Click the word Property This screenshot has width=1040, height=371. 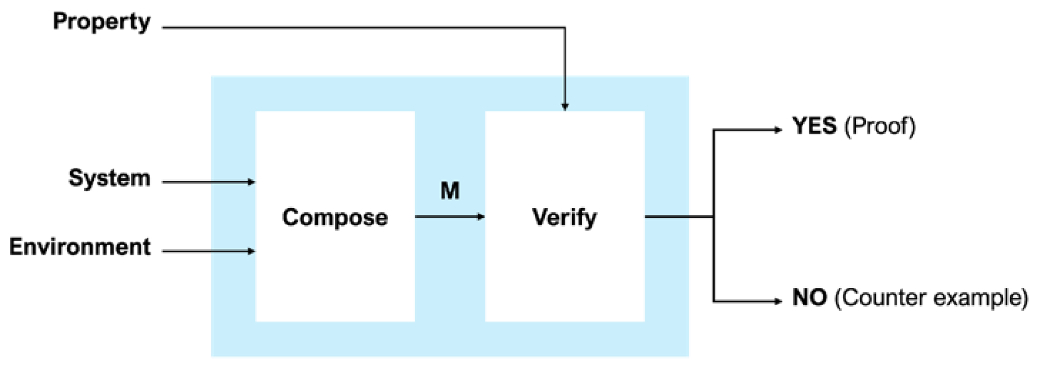click(x=101, y=22)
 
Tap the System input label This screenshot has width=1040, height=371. click(x=109, y=178)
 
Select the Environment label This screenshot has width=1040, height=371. click(x=80, y=247)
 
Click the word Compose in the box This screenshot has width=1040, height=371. click(x=335, y=217)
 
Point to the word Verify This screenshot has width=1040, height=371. click(x=564, y=217)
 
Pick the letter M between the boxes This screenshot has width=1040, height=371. click(x=450, y=191)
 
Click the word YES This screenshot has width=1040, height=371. click(x=814, y=126)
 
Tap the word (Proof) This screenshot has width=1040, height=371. click(x=880, y=126)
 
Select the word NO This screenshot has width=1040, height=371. click(x=809, y=297)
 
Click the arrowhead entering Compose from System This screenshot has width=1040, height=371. click(x=252, y=182)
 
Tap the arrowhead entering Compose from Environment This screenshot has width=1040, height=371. click(x=252, y=251)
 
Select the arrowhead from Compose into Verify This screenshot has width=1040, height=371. click(x=481, y=216)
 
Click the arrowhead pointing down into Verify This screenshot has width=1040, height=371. click(x=565, y=107)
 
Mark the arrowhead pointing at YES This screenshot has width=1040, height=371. click(x=778, y=130)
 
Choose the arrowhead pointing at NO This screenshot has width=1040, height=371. click(x=778, y=301)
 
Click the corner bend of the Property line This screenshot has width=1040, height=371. click(x=565, y=28)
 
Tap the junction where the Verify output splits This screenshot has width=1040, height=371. click(x=714, y=216)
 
